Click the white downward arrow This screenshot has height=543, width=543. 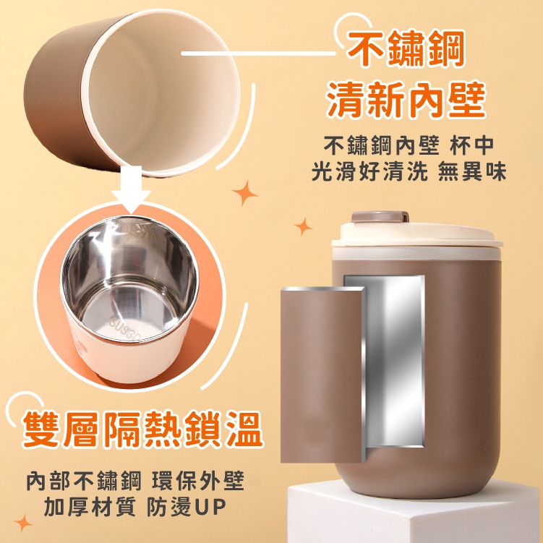(132, 191)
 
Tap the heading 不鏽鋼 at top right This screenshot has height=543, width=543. (406, 49)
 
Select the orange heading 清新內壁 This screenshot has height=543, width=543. (406, 100)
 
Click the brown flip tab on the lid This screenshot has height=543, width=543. (380, 217)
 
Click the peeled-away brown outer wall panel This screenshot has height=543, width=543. (322, 375)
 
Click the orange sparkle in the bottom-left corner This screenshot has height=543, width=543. (23, 523)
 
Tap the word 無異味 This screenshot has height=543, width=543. (472, 171)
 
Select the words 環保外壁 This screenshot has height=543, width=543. (198, 480)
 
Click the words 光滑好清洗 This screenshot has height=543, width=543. (369, 171)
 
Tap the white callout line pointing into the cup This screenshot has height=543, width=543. (258, 54)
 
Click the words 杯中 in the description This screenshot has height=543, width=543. (472, 145)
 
